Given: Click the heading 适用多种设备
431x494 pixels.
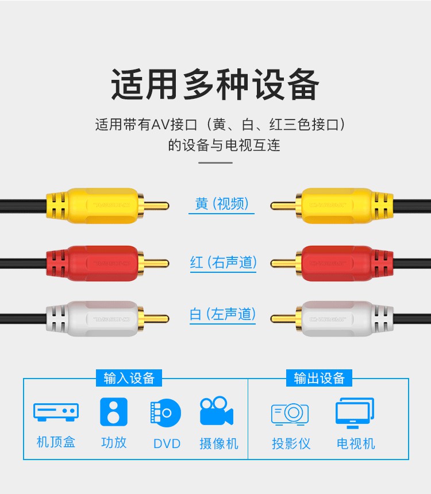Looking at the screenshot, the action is pos(215,84).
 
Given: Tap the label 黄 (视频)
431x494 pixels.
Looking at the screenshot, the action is pos(221,204).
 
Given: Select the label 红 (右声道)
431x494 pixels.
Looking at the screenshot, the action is pos(223,263).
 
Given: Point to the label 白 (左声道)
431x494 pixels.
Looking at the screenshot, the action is pos(222,314).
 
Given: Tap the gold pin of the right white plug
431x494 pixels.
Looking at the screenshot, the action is pos(283,318).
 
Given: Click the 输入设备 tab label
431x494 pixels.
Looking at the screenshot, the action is pos(129,378).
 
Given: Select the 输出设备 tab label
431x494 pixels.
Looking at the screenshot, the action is pos(319,378).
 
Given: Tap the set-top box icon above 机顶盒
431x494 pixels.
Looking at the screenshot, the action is pos(56,411).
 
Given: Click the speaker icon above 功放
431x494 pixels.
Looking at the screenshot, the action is pos(114,411).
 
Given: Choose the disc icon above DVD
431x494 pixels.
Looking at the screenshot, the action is pos(166,412).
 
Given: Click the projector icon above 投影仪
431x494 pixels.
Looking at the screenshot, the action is pos(290,413).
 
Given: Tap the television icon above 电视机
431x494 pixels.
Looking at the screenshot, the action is pos(355,412).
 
